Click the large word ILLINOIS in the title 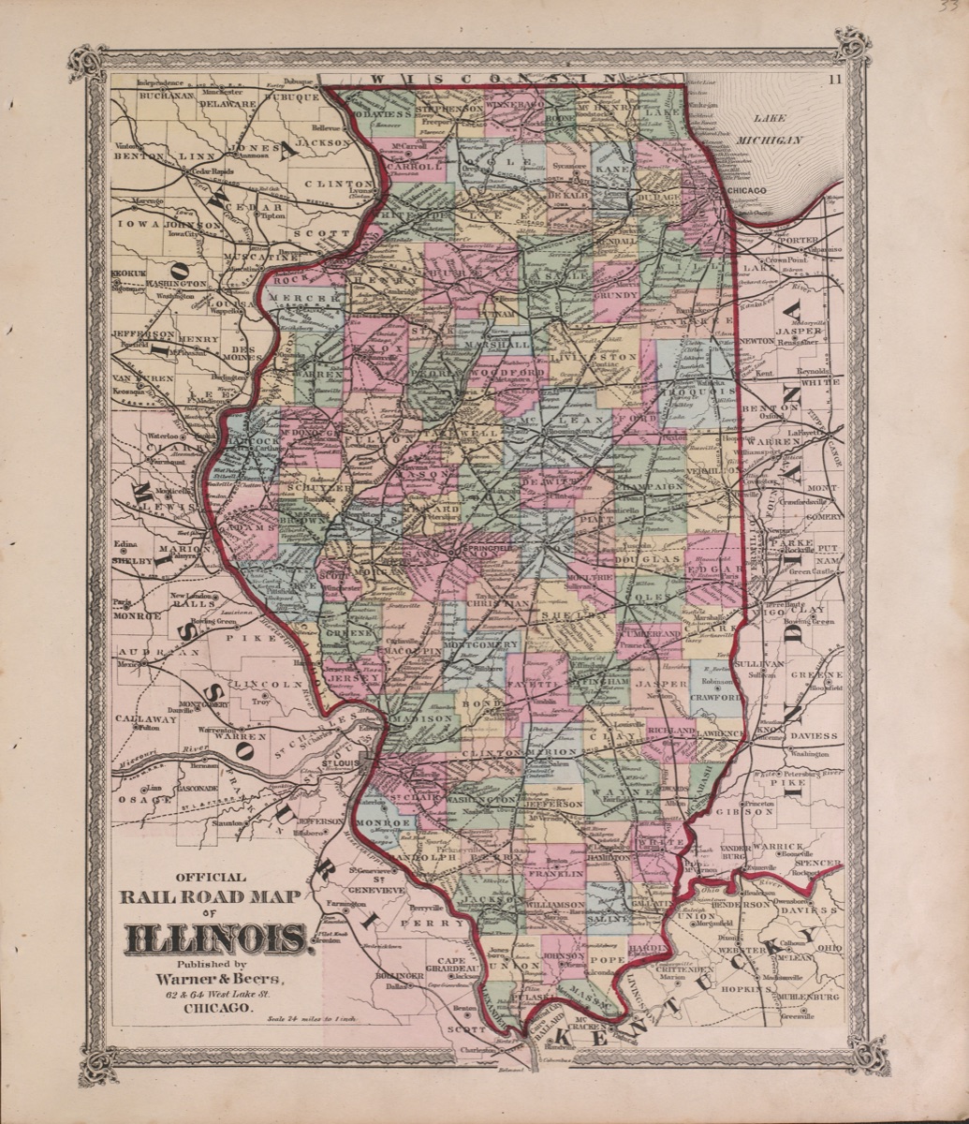click(214, 937)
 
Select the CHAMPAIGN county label click(647, 487)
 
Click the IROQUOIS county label click(692, 392)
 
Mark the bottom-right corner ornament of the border click(868, 1054)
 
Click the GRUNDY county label click(615, 295)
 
